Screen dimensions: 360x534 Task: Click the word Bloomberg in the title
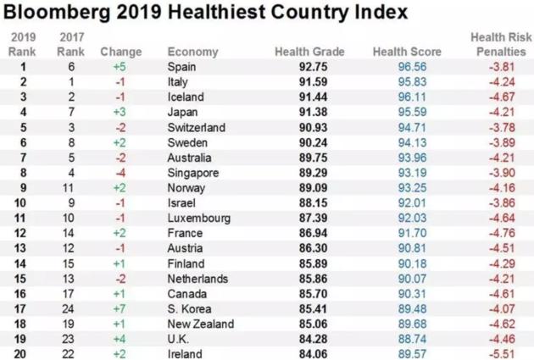point(58,13)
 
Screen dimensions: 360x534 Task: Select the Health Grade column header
point(309,53)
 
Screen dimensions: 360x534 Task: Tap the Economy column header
point(192,53)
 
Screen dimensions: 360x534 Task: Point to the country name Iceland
point(186,97)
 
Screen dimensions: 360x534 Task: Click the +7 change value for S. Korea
point(120,308)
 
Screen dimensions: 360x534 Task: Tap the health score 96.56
point(406,67)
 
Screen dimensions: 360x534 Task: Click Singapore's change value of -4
point(120,172)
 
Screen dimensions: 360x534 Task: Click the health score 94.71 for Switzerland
point(406,127)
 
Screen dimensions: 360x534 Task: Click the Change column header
point(121,53)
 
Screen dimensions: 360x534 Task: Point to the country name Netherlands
point(197,278)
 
